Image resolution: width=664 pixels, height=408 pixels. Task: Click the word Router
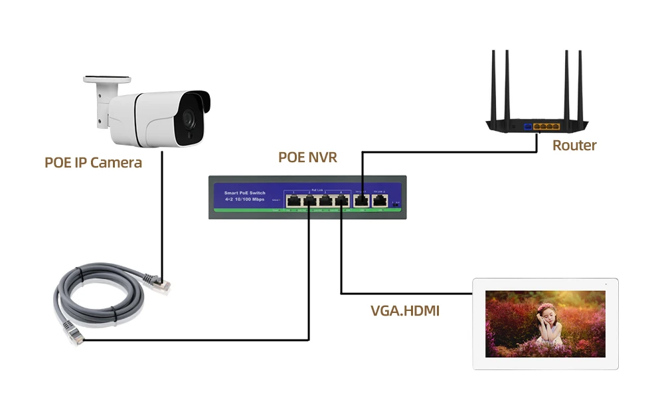(574, 145)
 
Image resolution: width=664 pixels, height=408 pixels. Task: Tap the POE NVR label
(307, 157)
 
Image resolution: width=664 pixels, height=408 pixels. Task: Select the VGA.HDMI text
(405, 310)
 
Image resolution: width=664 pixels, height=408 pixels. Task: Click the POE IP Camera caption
(93, 162)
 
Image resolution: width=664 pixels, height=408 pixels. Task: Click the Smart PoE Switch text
(245, 192)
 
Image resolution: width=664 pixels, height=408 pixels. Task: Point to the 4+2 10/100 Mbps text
(244, 199)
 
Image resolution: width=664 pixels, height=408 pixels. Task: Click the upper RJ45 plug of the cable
(160, 283)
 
